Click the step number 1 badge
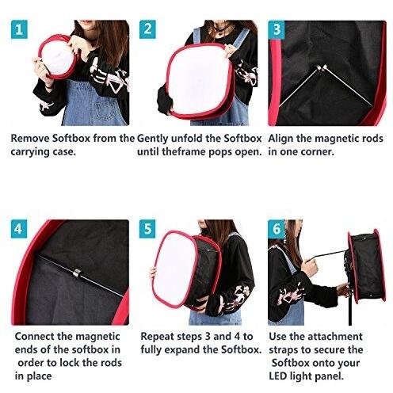[x=19, y=29]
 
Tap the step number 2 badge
[x=147, y=29]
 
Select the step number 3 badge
[x=277, y=29]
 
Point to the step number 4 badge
[x=19, y=229]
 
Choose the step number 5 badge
[x=147, y=229]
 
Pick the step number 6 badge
[x=277, y=229]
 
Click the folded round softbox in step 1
[x=58, y=57]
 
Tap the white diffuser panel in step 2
[x=200, y=80]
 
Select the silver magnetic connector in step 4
[x=76, y=273]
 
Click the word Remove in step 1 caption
[x=30, y=139]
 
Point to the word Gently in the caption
[x=152, y=139]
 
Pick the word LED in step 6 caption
[x=278, y=376]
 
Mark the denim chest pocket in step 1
[x=105, y=109]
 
